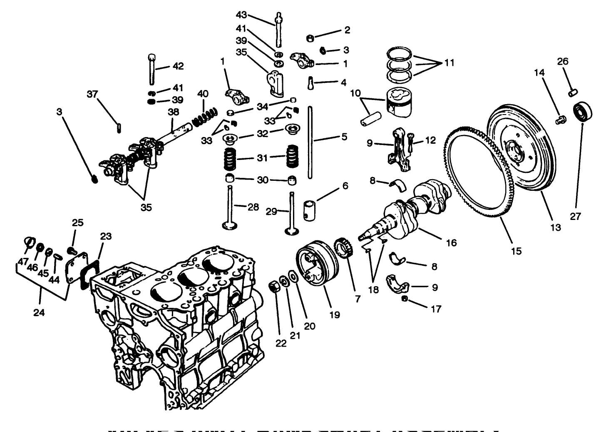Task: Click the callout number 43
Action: point(241,15)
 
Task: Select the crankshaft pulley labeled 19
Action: point(316,265)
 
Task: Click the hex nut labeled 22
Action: point(274,287)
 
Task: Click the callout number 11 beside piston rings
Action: point(448,63)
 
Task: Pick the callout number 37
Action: point(92,94)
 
